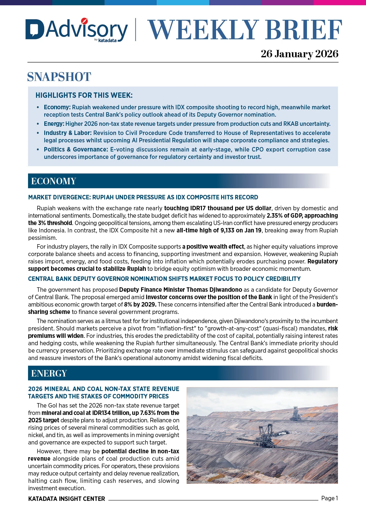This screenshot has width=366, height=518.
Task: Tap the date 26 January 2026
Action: tap(299, 54)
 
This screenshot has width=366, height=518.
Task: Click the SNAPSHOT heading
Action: tap(59, 77)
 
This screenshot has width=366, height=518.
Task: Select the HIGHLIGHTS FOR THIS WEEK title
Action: tap(84, 95)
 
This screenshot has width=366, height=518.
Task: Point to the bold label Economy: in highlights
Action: tap(57, 107)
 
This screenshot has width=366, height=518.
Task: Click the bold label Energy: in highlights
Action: tap(54, 124)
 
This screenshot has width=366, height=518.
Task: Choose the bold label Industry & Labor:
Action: tap(68, 133)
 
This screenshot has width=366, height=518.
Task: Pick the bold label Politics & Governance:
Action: tap(76, 149)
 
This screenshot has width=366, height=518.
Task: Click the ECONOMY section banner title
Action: tap(53, 181)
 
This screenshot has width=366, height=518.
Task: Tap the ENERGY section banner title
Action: tap(49, 373)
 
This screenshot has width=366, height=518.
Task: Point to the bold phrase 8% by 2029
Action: tap(140, 304)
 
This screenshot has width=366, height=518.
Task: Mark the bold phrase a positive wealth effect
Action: tap(213, 247)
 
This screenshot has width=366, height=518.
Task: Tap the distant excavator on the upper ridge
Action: tap(295, 413)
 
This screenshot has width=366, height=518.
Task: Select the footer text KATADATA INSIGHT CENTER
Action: tap(66, 499)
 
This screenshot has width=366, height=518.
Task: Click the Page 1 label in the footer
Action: tap(329, 499)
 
